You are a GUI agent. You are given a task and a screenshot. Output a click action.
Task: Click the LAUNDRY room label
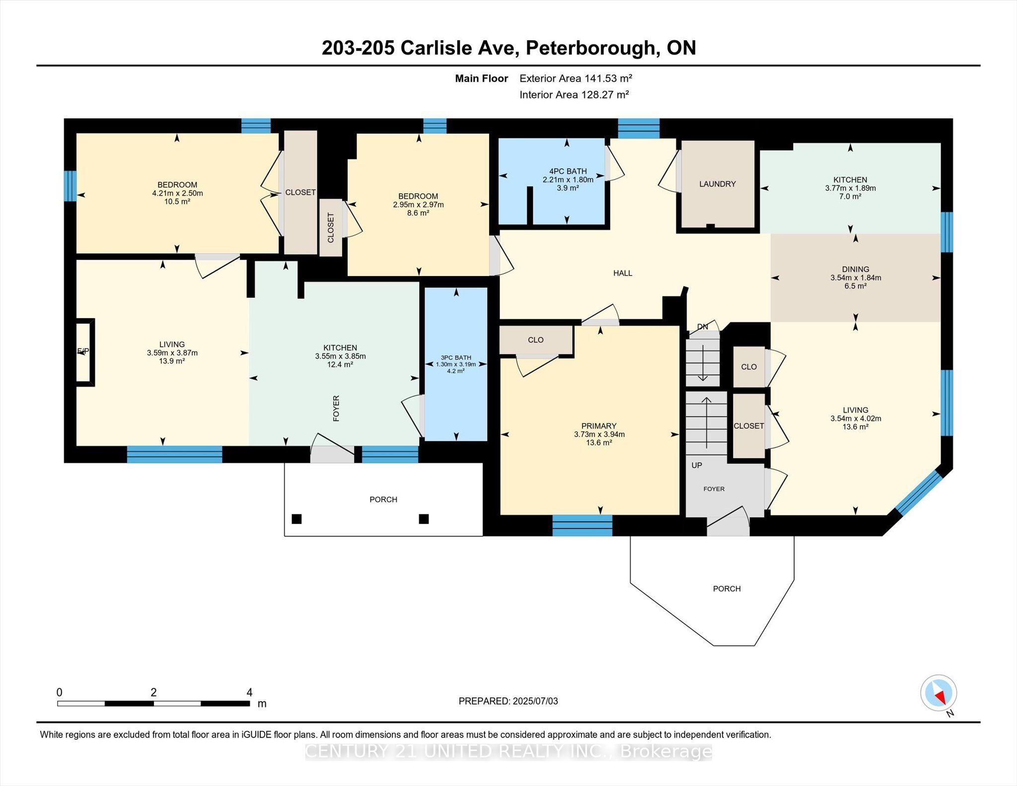point(717,184)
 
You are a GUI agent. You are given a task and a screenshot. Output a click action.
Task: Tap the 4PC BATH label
point(568,171)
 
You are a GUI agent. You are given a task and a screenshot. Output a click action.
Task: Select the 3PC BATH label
point(456,357)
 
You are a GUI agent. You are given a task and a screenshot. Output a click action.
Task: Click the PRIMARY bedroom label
point(599,426)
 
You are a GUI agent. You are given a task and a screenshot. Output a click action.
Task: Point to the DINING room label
point(856,269)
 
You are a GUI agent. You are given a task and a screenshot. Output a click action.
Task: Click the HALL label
point(623,273)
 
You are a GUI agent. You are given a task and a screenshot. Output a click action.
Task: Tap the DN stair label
point(703,327)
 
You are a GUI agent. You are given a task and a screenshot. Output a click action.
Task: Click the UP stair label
point(697,465)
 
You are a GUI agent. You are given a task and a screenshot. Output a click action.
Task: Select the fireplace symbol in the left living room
point(84,352)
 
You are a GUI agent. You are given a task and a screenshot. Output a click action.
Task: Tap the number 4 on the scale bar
point(250,692)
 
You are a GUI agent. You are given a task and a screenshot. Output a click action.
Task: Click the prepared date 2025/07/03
point(535,701)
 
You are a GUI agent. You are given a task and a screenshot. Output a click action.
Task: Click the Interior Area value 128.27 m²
point(604,94)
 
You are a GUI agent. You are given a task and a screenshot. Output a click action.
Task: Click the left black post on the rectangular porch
point(296,519)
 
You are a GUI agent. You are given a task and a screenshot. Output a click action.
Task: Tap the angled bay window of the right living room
point(919,493)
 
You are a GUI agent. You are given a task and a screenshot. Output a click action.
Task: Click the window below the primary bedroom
point(582,526)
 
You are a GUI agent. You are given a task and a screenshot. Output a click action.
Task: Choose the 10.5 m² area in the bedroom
point(177,202)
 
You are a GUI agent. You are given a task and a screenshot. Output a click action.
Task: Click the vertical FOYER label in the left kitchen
point(336,409)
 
